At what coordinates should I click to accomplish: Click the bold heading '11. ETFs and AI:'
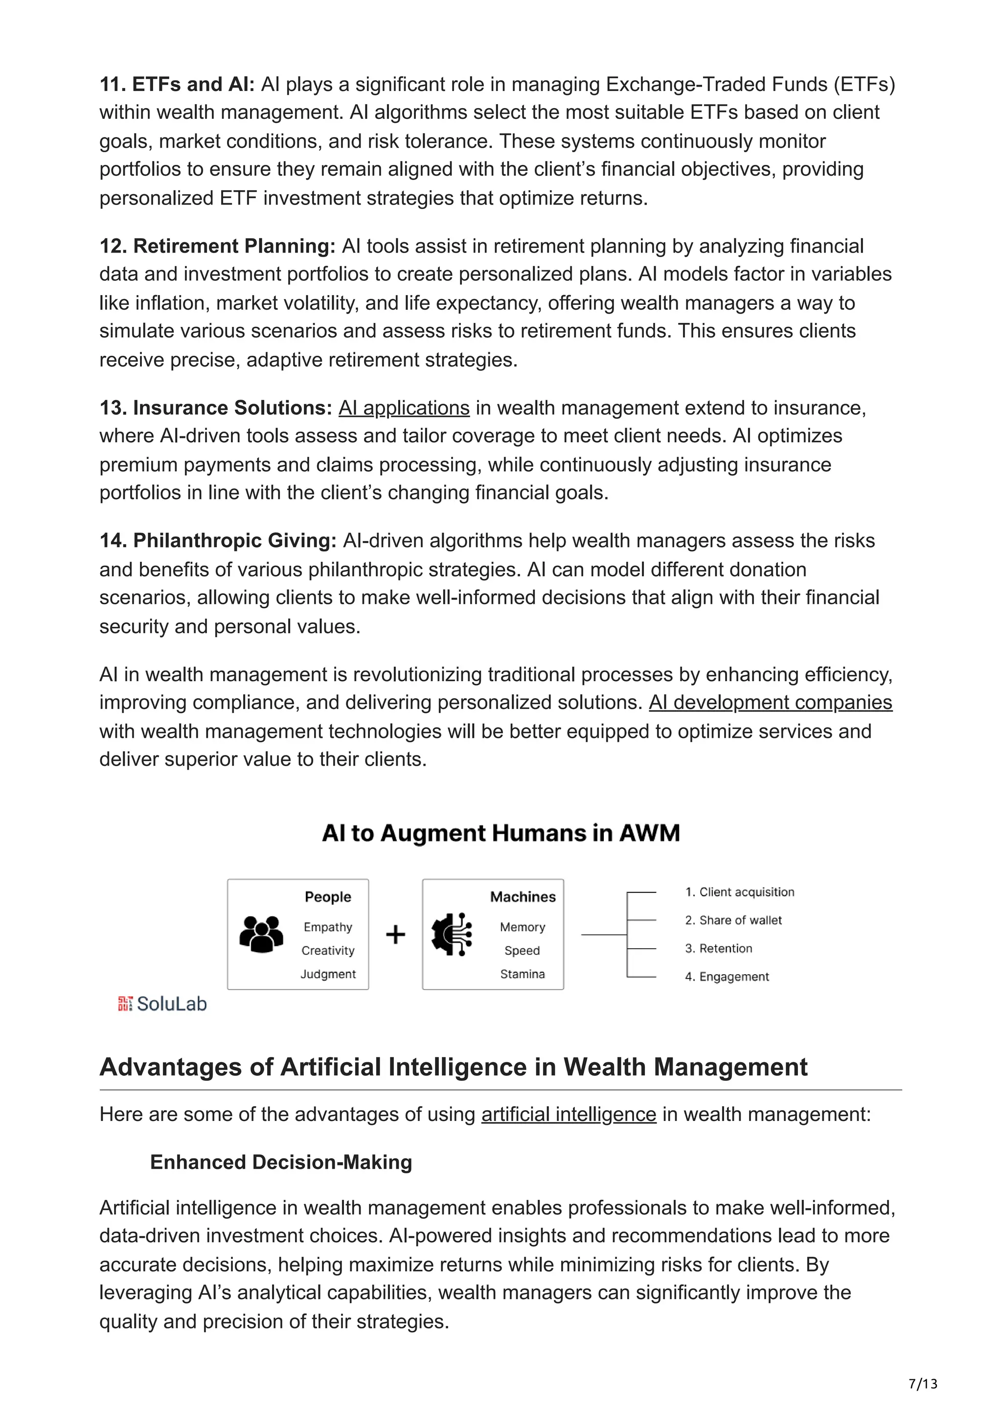pos(177,84)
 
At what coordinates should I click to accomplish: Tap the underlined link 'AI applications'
pos(404,408)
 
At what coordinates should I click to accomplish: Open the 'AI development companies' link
pos(770,702)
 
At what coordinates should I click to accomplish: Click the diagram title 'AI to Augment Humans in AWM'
pos(501,833)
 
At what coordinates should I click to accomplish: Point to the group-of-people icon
pos(261,934)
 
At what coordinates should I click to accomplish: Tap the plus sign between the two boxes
pos(395,935)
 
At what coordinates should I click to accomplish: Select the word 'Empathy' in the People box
pos(328,927)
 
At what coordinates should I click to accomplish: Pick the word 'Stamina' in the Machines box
pos(523,974)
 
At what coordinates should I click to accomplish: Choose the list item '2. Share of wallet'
pos(733,920)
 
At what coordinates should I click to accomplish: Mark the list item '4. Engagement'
pos(727,977)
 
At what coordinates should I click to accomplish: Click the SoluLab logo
pos(162,1004)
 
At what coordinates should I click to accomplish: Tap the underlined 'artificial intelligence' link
pos(569,1114)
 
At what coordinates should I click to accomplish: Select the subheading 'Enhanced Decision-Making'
pos(281,1162)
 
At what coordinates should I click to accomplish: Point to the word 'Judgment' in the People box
pos(328,974)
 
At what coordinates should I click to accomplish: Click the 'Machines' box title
pos(523,897)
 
